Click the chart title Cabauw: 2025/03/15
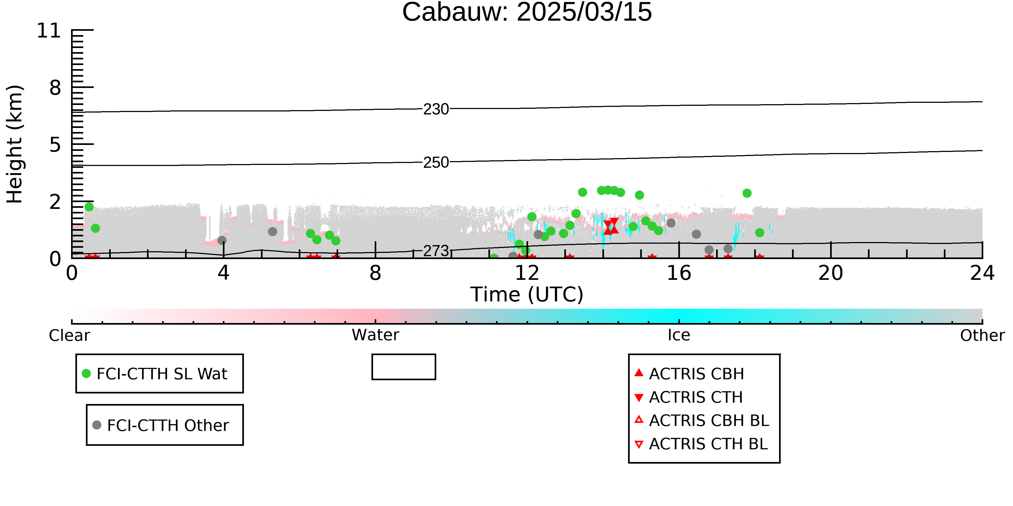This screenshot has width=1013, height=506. click(x=527, y=12)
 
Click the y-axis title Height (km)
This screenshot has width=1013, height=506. click(x=15, y=144)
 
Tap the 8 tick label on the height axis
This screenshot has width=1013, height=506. click(x=55, y=88)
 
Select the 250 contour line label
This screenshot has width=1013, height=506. click(x=436, y=162)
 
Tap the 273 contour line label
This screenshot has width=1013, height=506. click(x=436, y=251)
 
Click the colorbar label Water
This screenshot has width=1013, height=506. click(x=375, y=335)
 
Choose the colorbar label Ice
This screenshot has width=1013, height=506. click(x=679, y=335)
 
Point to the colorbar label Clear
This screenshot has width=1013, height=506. click(x=69, y=335)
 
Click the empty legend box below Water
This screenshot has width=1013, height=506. click(x=404, y=367)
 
